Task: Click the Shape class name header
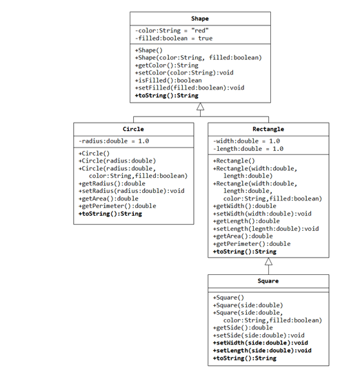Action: tap(200, 19)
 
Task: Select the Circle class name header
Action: tap(133, 129)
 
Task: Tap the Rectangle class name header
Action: tap(268, 129)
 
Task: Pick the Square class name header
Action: tap(268, 281)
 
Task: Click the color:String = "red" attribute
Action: tap(172, 31)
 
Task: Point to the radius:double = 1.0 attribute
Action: tap(114, 141)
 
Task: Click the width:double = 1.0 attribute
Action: tap(246, 141)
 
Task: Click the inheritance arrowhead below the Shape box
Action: tap(200, 107)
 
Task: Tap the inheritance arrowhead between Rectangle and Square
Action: tap(268, 261)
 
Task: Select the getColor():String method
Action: tap(166, 65)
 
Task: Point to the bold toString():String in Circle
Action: tap(110, 214)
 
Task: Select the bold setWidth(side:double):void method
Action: tap(260, 342)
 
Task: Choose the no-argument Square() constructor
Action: tap(228, 298)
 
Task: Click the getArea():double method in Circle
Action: tap(108, 198)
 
